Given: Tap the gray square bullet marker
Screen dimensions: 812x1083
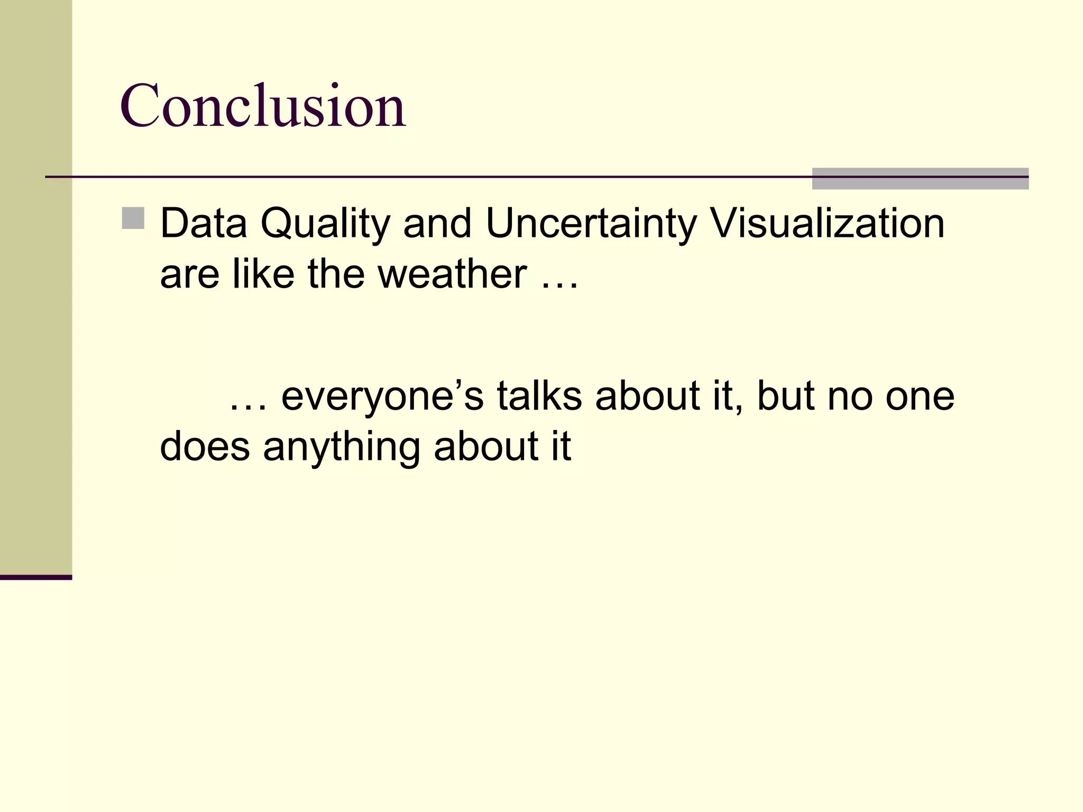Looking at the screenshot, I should pos(133,218).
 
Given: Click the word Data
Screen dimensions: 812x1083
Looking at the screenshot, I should pos(204,224).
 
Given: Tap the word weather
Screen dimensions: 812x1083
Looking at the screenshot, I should pos(452,274).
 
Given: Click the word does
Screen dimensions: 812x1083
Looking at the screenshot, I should pos(205,447).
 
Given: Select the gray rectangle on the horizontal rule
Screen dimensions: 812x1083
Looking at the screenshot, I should pos(920,179).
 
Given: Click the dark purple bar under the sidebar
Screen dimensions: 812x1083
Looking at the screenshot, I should pos(36,577).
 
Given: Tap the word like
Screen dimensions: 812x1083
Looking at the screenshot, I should pos(263,274).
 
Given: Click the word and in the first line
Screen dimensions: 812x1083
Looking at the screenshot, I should pos(437,224).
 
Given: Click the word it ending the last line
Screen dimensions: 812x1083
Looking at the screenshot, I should pos(561,447).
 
